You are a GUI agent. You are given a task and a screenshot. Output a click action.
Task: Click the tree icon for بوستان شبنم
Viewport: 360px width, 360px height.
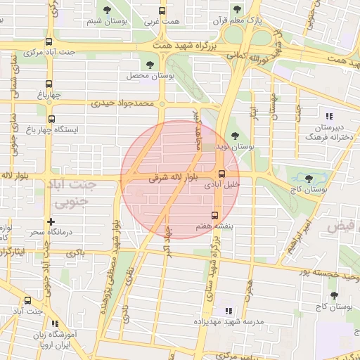[107, 10]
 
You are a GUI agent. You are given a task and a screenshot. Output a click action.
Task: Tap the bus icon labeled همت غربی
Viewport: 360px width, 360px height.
[162, 11]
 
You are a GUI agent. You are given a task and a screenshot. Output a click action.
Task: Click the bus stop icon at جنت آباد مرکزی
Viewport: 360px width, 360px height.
[49, 42]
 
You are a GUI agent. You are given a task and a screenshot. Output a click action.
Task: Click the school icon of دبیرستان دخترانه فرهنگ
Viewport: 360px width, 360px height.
[328, 116]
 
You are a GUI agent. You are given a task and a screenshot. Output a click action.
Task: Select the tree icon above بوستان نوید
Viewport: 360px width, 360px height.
[234, 136]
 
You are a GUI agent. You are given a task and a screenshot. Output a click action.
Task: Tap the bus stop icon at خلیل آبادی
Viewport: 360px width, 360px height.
[221, 174]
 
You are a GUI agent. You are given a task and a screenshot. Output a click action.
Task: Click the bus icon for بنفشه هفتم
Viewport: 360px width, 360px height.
[215, 215]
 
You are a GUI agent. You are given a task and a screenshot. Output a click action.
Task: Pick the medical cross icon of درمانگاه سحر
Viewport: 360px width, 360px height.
[51, 222]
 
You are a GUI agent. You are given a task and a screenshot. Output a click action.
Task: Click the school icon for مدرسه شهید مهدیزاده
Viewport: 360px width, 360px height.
[228, 310]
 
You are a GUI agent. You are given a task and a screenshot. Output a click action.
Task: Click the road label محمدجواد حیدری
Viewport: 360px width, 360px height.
[121, 104]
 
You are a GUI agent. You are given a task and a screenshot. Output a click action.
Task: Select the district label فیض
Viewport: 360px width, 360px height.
[342, 226]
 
